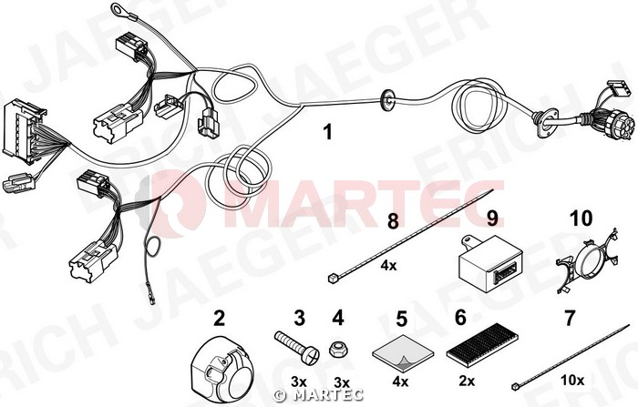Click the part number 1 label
coord(327,133)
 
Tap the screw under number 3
coord(297,347)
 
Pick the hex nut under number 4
coord(338,350)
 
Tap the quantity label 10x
coord(572,381)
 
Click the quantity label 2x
coord(467,381)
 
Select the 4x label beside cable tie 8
coord(388,266)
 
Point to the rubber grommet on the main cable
coord(387,99)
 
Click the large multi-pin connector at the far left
coord(24,130)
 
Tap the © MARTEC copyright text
coord(318,394)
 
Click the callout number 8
coord(393,221)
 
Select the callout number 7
coord(570,318)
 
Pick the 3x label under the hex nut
coord(342,382)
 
